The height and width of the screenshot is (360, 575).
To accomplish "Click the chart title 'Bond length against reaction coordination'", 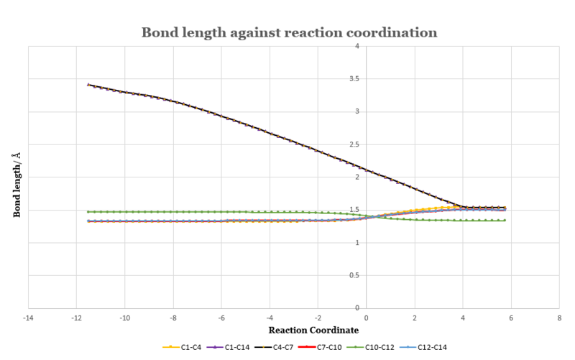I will pos(287,33).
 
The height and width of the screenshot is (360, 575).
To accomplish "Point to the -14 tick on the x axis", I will pos(28,317).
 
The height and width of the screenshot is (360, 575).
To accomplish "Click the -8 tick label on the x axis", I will pos(172,317).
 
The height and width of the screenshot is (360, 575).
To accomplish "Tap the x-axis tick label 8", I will pos(559,317).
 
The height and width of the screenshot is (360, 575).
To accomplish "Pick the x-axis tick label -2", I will pos(317,317).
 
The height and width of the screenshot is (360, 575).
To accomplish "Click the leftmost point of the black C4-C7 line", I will pos(88,85).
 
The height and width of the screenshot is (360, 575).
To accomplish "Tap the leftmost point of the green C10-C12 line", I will pos(88,212).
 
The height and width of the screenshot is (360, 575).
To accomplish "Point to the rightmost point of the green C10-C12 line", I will pos(505,221).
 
